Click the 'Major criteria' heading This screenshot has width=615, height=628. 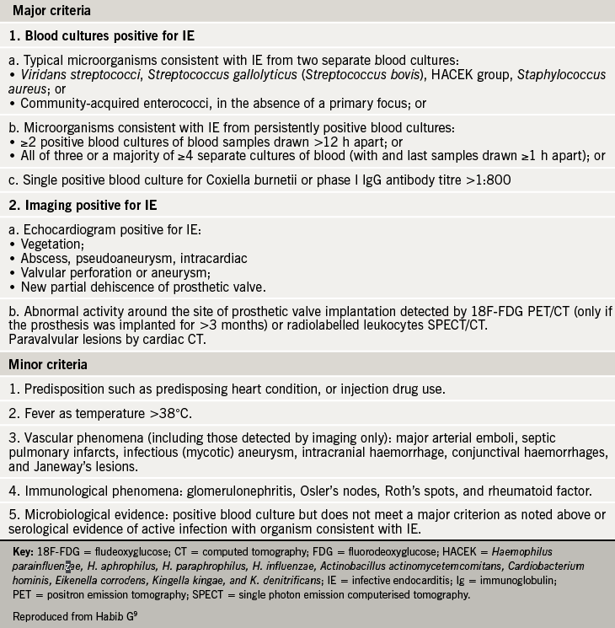point(51,12)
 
